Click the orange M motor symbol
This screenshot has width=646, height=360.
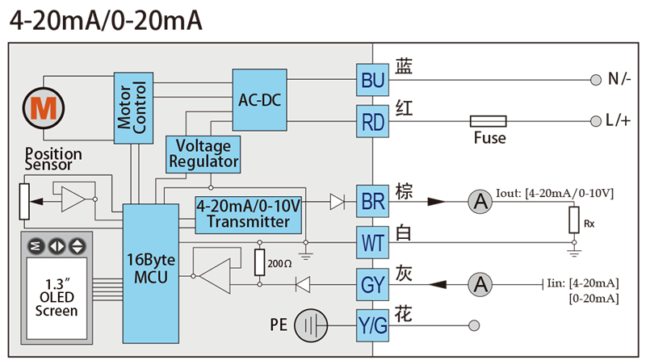[44, 108]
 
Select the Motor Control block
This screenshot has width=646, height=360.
[133, 108]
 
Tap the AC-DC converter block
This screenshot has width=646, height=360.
[259, 100]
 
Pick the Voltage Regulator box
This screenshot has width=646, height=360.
[203, 154]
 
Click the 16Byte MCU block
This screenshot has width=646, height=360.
[151, 274]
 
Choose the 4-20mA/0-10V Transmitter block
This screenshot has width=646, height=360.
[249, 215]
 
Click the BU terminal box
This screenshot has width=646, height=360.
[372, 80]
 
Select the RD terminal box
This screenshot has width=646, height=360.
[372, 122]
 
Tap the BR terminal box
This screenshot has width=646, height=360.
[372, 202]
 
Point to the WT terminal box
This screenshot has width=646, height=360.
[372, 243]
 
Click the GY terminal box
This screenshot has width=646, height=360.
[372, 285]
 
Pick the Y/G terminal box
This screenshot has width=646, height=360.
[372, 325]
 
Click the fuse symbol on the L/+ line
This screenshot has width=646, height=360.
[489, 122]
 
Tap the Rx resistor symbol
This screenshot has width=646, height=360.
[574, 220]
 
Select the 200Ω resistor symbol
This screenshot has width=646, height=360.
[259, 262]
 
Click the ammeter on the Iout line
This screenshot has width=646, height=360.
[480, 202]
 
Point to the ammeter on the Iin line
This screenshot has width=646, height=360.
[480, 284]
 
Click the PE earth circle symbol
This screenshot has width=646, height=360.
[311, 325]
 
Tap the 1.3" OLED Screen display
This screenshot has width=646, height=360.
[57, 298]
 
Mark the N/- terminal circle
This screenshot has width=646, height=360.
[596, 80]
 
